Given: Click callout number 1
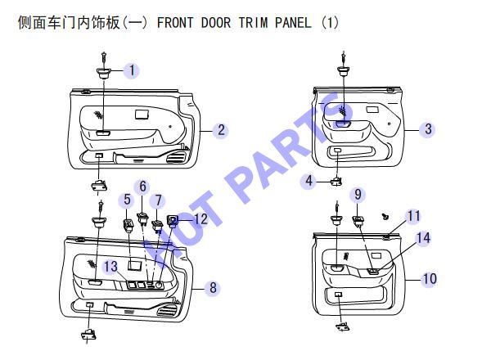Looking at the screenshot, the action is pyautogui.click(x=132, y=70).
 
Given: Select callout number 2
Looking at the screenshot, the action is pyautogui.click(x=221, y=129).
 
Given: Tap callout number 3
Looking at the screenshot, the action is pyautogui.click(x=428, y=128).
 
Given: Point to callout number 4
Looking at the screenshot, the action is pyautogui.click(x=309, y=181).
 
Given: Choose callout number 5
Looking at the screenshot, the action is pyautogui.click(x=127, y=200).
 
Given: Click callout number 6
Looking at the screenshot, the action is pyautogui.click(x=142, y=187).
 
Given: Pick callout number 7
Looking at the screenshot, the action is pyautogui.click(x=159, y=200).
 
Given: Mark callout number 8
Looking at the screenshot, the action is pyautogui.click(x=213, y=288).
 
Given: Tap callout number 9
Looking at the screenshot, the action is pyautogui.click(x=358, y=195).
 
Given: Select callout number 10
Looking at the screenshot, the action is pyautogui.click(x=430, y=278).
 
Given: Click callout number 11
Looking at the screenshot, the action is pyautogui.click(x=413, y=216).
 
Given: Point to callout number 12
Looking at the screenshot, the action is pyautogui.click(x=200, y=218).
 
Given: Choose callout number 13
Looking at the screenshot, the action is pyautogui.click(x=110, y=267).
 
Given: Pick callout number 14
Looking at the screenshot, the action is pyautogui.click(x=423, y=238).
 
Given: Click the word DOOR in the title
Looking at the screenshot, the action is pyautogui.click(x=216, y=23).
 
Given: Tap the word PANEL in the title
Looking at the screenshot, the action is pyautogui.click(x=293, y=23).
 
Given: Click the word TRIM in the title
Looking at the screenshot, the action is pyautogui.click(x=253, y=23).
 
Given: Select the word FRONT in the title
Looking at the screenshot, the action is pyautogui.click(x=175, y=23).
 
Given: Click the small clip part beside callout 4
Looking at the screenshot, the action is pyautogui.click(x=336, y=181).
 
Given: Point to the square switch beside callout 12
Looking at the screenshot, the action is pyautogui.click(x=173, y=221).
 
